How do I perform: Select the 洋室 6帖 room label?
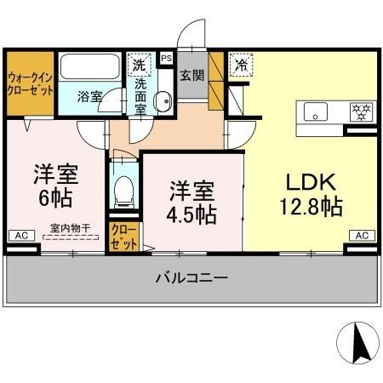pyautogui.click(x=55, y=186)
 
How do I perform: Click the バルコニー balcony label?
pyautogui.click(x=191, y=278)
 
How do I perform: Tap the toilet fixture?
pyautogui.click(x=124, y=191)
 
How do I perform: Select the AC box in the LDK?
pyautogui.click(x=360, y=235)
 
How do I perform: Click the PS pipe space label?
pyautogui.click(x=166, y=58)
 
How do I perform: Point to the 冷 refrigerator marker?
pyautogui.click(x=242, y=64)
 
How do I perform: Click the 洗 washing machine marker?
pyautogui.click(x=138, y=62)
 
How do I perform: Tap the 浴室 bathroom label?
pyautogui.click(x=89, y=96)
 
